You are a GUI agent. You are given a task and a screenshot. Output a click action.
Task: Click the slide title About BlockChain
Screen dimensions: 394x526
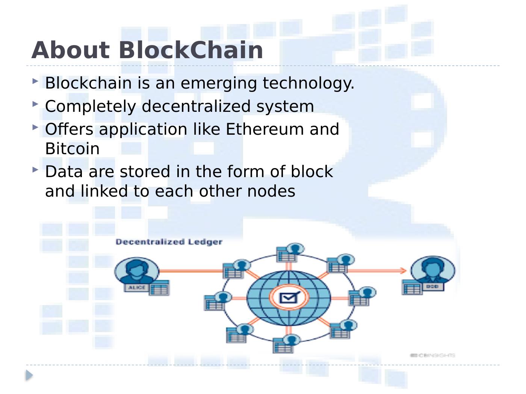click(x=147, y=50)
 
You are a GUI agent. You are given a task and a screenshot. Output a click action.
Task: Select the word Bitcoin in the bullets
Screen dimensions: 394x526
click(x=72, y=149)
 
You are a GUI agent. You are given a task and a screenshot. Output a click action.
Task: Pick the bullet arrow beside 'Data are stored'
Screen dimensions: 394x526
click(x=35, y=170)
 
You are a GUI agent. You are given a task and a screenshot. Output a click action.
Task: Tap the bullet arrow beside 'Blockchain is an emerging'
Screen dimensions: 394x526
click(x=35, y=81)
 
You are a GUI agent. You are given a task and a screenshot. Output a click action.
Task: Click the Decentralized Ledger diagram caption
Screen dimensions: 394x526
click(x=169, y=242)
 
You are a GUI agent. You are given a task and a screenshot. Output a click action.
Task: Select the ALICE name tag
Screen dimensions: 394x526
click(x=136, y=287)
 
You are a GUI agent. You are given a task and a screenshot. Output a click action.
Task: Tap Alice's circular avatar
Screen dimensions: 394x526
click(x=136, y=271)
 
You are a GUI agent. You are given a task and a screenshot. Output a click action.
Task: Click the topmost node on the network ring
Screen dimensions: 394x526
click(x=290, y=253)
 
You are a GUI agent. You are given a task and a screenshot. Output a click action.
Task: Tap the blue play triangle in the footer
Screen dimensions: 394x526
click(x=29, y=375)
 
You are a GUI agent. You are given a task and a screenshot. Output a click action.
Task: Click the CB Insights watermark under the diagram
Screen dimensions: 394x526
click(x=432, y=355)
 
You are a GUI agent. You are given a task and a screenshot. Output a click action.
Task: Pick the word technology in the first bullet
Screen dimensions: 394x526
click(x=308, y=83)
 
